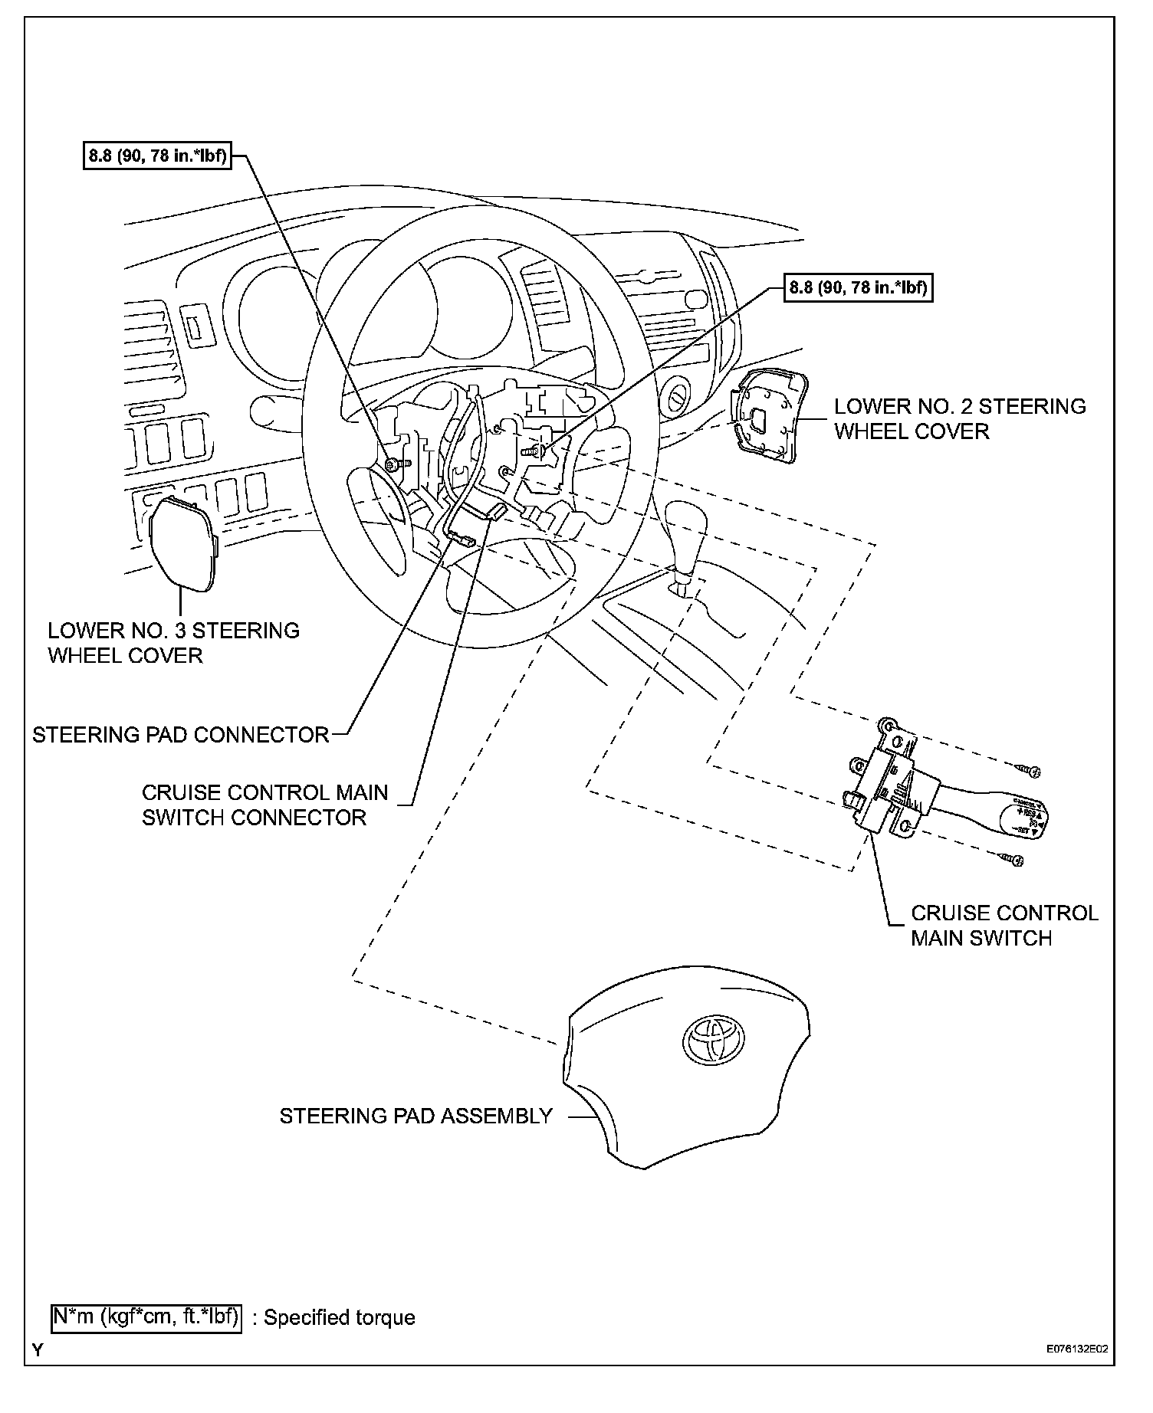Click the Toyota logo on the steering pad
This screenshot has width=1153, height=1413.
point(712,1041)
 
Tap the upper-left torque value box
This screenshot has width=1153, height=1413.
point(157,156)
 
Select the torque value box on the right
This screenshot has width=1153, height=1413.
point(858,288)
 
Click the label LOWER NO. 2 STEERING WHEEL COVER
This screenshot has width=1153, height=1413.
point(959,418)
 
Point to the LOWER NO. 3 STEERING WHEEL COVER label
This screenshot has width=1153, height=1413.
point(173,643)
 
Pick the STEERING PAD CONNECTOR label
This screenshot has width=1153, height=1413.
point(181,735)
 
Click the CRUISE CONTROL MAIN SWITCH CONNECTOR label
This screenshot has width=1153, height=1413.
point(264,805)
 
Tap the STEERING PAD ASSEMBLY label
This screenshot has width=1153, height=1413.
point(416,1116)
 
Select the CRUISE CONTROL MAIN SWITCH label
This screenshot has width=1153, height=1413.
point(1004,926)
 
